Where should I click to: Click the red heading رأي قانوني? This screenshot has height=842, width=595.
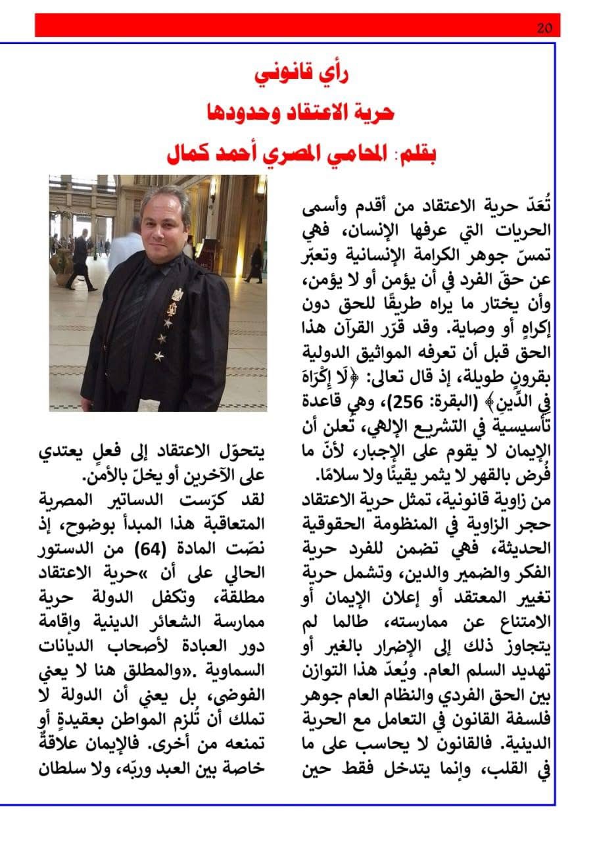[x=302, y=73]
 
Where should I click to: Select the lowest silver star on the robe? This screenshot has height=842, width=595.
[x=158, y=356]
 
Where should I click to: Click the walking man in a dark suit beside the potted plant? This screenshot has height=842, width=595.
[x=81, y=259]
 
